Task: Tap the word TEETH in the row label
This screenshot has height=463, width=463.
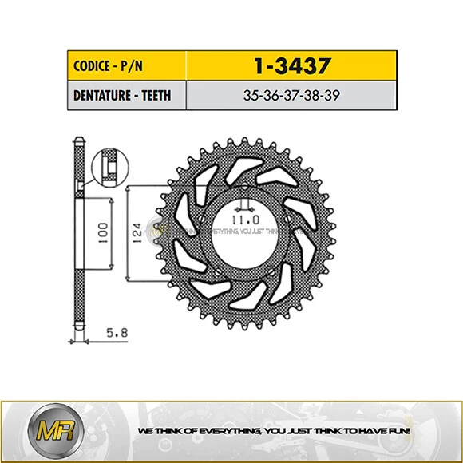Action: click(154, 95)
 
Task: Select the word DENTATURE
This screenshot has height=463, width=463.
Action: click(101, 95)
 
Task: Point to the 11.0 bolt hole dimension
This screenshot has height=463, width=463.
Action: click(244, 218)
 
